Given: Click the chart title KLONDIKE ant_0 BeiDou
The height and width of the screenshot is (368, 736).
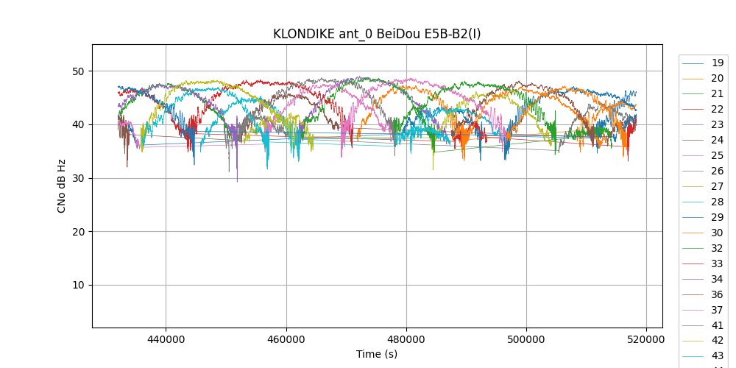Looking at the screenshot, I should [x=377, y=34].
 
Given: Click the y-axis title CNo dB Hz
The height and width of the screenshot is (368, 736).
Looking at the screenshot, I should [x=62, y=185].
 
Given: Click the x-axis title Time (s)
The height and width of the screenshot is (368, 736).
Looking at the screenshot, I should [x=377, y=354].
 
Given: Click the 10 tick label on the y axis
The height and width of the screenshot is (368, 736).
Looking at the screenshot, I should [x=78, y=286].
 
